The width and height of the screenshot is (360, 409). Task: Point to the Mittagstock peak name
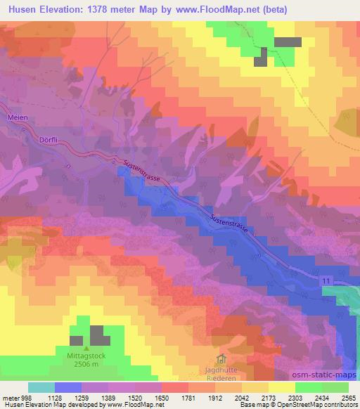(x=86, y=356)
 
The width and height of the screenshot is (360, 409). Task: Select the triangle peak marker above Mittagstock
(x=86, y=347)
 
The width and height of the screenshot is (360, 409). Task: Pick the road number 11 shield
(x=326, y=281)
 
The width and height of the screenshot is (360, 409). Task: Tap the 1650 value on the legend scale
(x=162, y=397)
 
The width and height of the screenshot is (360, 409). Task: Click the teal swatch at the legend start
(x=41, y=387)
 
